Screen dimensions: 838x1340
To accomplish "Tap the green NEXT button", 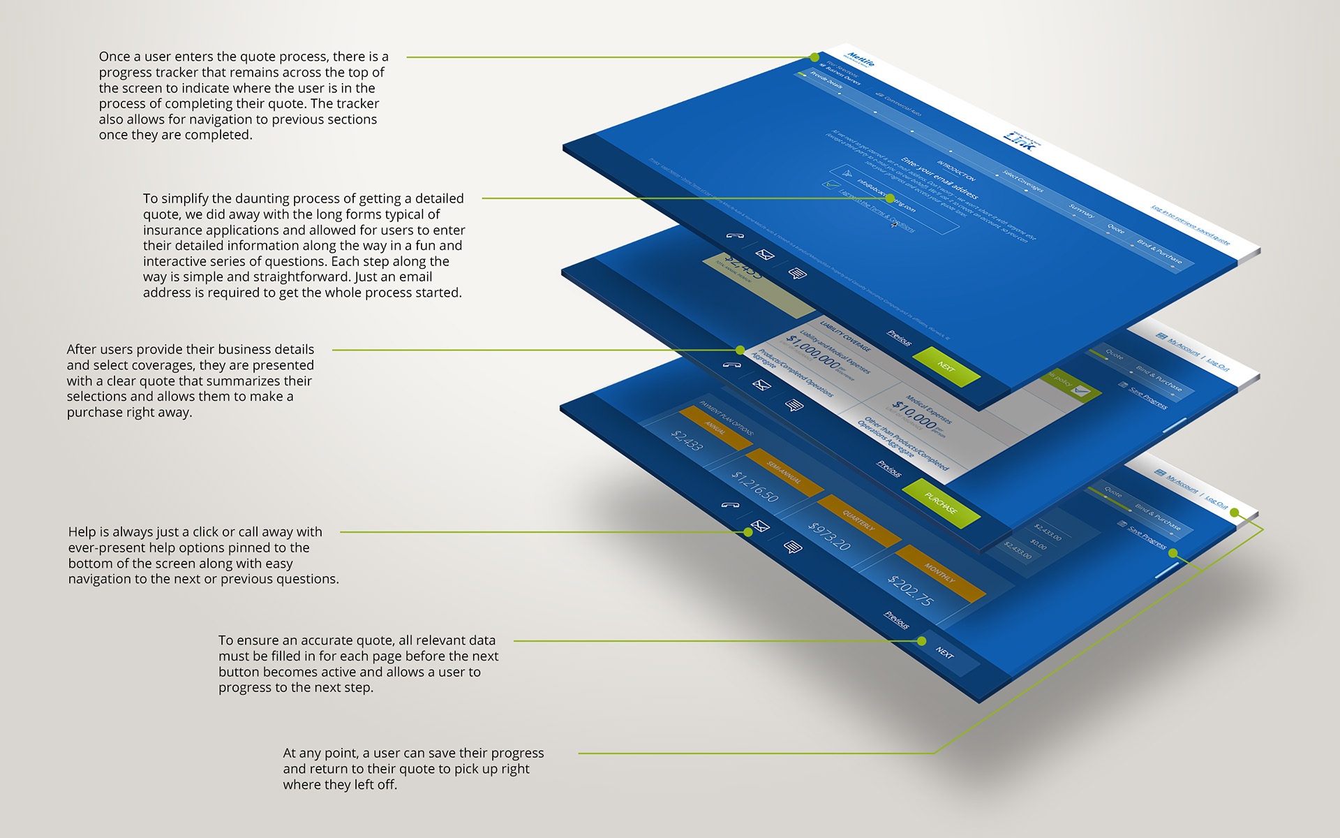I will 946,367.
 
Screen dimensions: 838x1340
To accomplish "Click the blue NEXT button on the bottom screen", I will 945,653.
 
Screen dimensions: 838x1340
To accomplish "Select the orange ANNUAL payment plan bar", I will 715,427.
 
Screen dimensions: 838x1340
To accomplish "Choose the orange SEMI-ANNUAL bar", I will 784,473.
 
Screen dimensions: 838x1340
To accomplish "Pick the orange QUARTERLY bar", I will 858,520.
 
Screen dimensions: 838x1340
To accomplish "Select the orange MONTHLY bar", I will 940,573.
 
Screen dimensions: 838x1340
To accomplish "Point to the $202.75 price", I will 910,590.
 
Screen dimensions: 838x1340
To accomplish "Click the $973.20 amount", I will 829,536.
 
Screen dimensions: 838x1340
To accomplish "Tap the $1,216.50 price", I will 754,486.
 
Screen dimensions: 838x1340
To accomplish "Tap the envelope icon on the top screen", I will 765,255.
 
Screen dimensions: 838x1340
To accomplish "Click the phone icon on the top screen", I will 734,236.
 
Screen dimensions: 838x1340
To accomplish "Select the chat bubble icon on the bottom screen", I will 793,547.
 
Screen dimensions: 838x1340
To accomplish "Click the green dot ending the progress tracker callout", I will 814,57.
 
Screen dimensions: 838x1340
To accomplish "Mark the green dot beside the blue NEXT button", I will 922,641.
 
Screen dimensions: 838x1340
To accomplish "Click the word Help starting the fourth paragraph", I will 82,532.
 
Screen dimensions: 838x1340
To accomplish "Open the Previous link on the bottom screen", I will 897,619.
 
